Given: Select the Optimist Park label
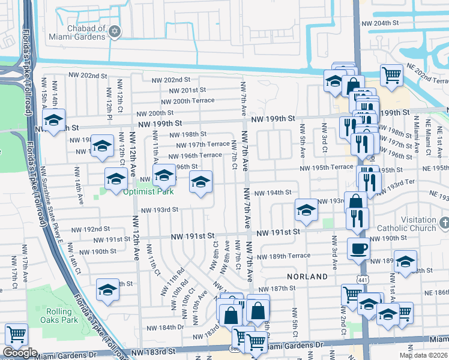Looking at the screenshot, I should (x=148, y=192).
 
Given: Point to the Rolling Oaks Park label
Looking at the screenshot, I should (x=62, y=316).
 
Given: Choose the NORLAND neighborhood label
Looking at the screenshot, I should (x=307, y=277).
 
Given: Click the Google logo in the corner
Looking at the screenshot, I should (x=19, y=353).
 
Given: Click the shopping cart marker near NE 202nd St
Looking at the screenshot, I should (x=391, y=75).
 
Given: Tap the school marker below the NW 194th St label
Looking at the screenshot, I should (x=306, y=209).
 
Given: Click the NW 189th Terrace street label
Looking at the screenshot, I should (x=290, y=256).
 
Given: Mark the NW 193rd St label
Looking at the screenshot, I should (x=160, y=210).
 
